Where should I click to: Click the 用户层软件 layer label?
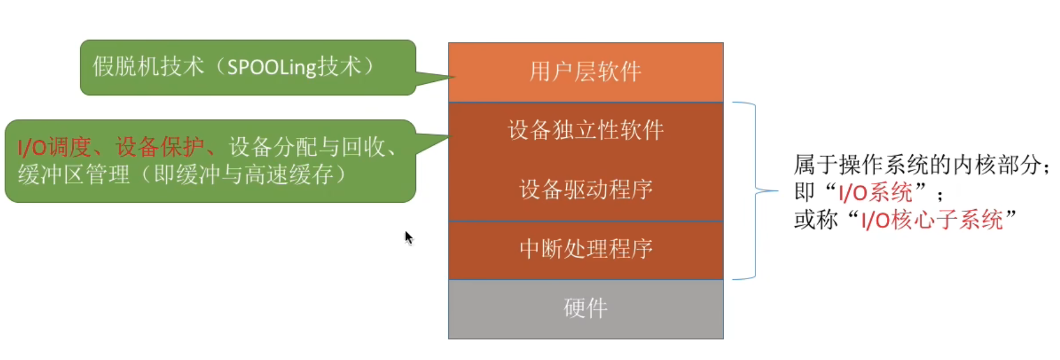[585, 72]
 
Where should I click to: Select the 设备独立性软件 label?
[586, 130]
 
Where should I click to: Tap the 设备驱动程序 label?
[586, 190]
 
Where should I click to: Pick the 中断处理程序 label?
[586, 249]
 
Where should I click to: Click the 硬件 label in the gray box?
[585, 308]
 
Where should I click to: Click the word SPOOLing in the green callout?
[272, 67]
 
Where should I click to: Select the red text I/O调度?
[54, 147]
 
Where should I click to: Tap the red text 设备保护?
[160, 147]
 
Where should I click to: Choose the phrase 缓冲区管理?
[74, 175]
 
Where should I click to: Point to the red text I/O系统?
[875, 193]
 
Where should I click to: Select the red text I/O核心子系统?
[932, 220]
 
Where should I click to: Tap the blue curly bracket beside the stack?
[755, 191]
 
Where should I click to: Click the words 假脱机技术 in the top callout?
[148, 67]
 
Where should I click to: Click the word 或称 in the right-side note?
[815, 220]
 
